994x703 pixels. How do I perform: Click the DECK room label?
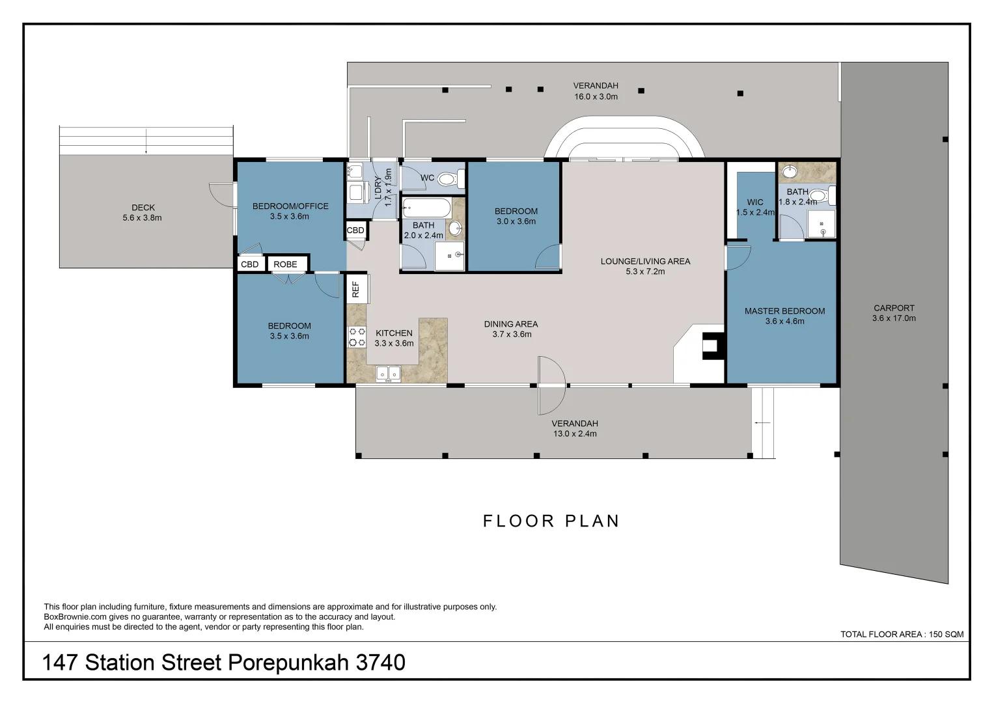click(x=143, y=208)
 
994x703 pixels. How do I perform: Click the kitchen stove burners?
click(x=357, y=337)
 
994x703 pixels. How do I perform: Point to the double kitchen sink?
click(x=389, y=374)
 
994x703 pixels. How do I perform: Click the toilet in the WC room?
click(x=451, y=179)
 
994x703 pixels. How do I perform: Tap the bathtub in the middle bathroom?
click(x=427, y=208)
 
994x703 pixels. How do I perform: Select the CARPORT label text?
click(x=894, y=308)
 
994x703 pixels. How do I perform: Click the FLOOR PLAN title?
click(x=551, y=521)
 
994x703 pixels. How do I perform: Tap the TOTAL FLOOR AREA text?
click(x=902, y=634)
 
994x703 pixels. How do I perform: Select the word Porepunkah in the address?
click(x=288, y=663)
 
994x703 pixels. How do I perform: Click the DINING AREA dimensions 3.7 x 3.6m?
click(x=512, y=334)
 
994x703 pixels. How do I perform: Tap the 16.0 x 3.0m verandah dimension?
click(x=596, y=97)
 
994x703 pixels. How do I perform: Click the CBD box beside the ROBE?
click(x=250, y=264)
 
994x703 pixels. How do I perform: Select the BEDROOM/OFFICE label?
click(x=291, y=206)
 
